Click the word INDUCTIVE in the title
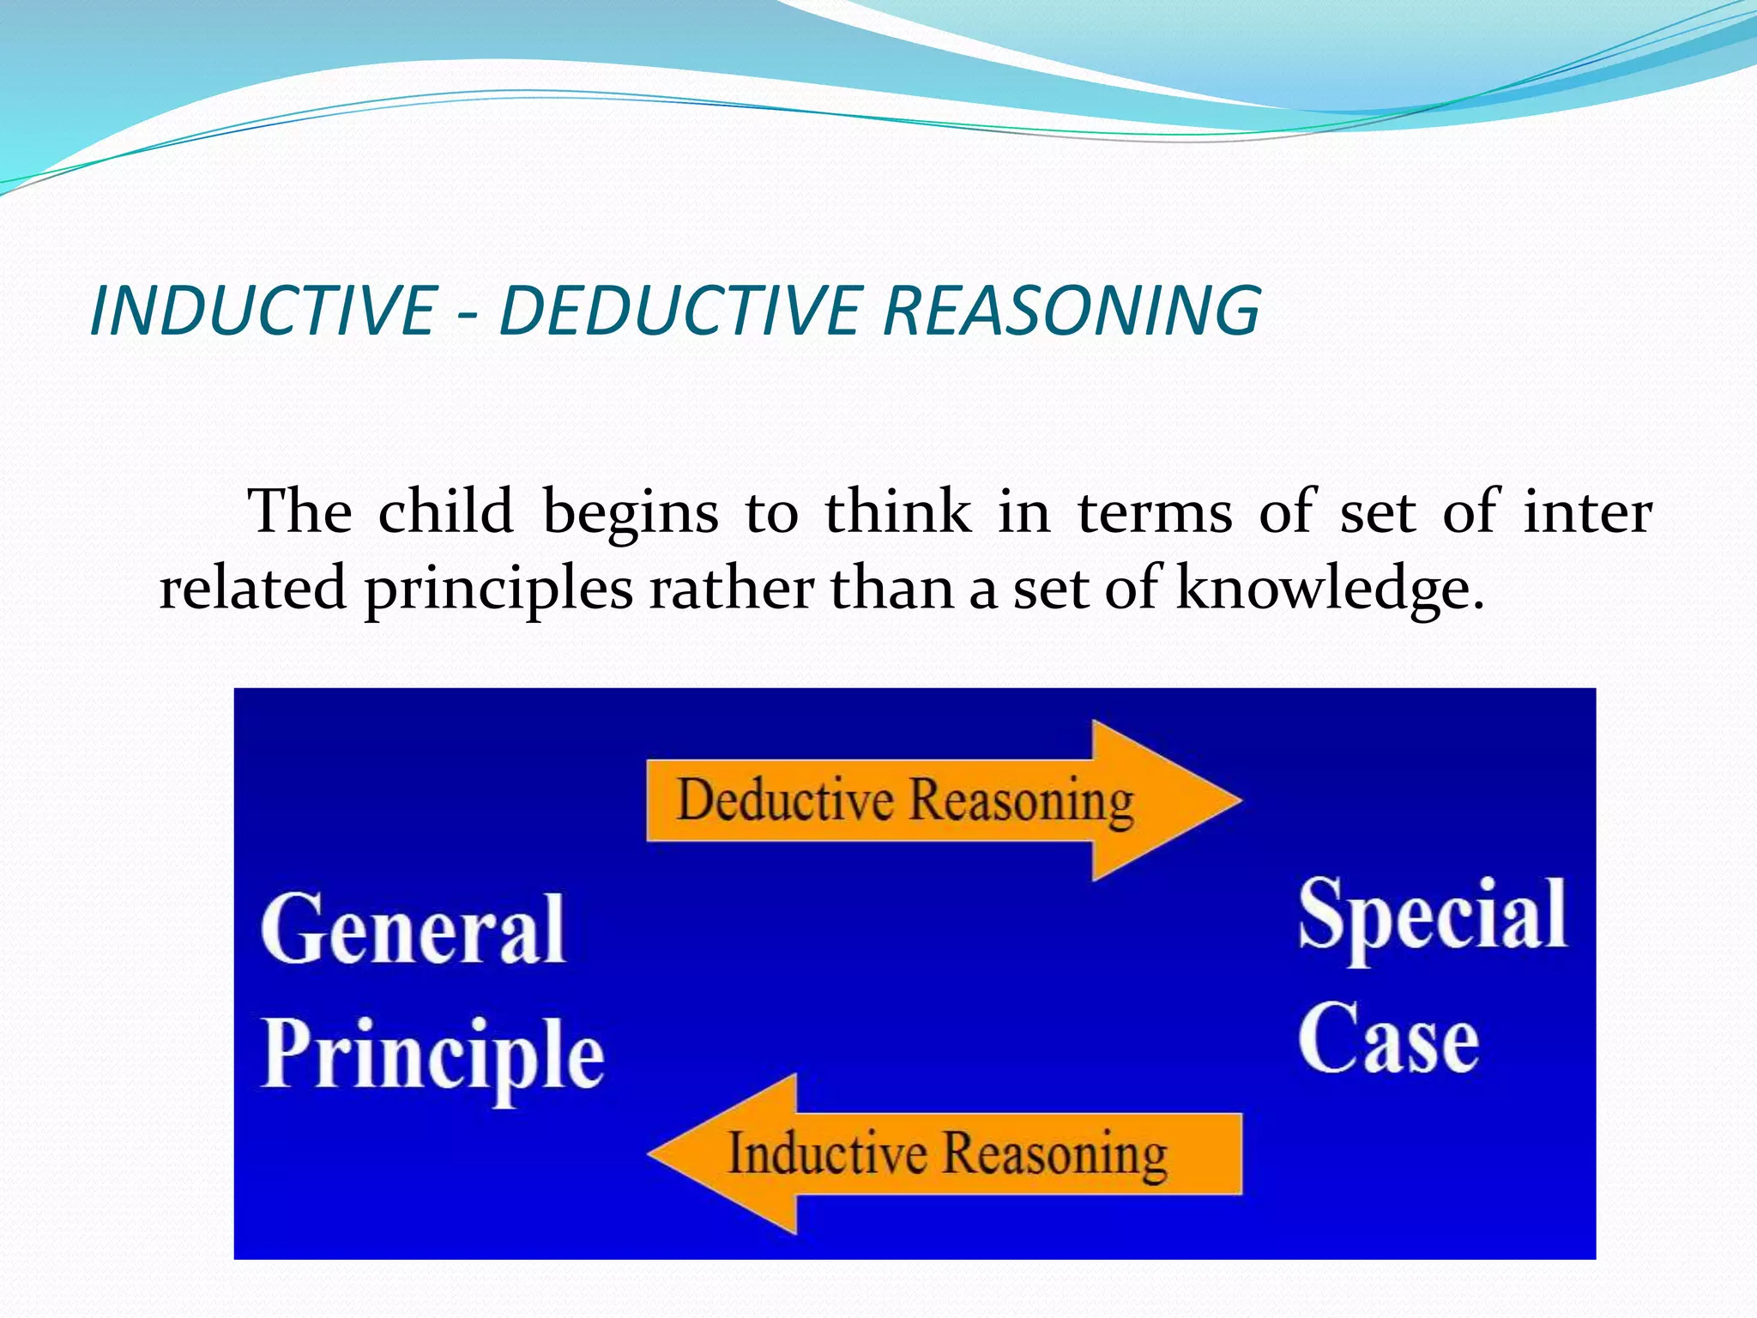pyautogui.click(x=263, y=311)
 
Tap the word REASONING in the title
pyautogui.click(x=1072, y=311)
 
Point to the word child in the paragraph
pyautogui.click(x=445, y=512)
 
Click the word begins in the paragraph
pyautogui.click(x=631, y=514)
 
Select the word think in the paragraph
pyautogui.click(x=897, y=512)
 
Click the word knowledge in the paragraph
pyautogui.click(x=1329, y=589)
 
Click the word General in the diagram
pyautogui.click(x=413, y=929)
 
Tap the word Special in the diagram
pyautogui.click(x=1432, y=916)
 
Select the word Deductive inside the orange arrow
pyautogui.click(x=785, y=800)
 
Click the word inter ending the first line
pyautogui.click(x=1587, y=512)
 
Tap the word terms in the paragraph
pyautogui.click(x=1155, y=512)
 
